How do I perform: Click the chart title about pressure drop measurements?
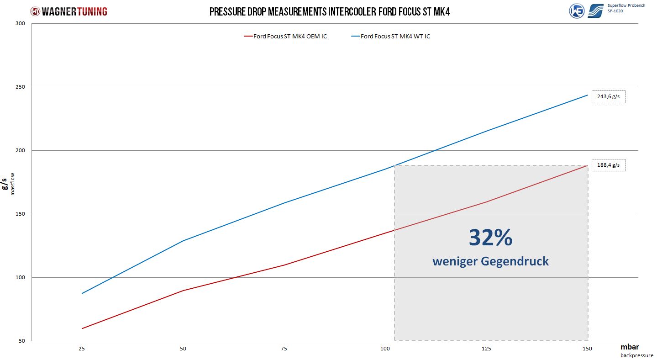[330, 12]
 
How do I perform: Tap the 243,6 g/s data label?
[609, 97]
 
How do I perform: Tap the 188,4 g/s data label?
[609, 165]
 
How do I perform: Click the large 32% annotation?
[490, 238]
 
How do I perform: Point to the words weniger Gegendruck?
[490, 261]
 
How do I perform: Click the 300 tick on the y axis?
[20, 23]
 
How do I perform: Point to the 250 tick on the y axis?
[20, 87]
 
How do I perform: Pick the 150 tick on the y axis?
[20, 214]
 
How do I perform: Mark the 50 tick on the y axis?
[21, 341]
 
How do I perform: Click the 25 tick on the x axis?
[82, 349]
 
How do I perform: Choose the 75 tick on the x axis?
[284, 349]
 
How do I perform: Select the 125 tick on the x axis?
[486, 349]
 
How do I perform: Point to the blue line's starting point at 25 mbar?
[82, 293]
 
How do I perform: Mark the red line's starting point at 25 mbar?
[82, 328]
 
